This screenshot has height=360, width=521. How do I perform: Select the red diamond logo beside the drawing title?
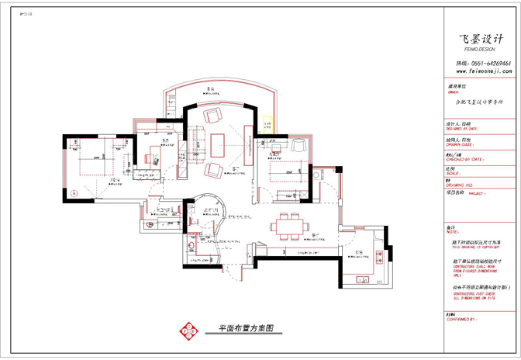187,330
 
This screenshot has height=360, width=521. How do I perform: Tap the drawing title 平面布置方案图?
240,329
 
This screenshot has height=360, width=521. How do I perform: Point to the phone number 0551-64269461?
489,63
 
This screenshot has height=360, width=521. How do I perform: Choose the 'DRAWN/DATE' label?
461,144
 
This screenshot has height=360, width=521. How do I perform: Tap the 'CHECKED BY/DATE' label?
464,158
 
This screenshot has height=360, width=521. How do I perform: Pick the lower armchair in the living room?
213,170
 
